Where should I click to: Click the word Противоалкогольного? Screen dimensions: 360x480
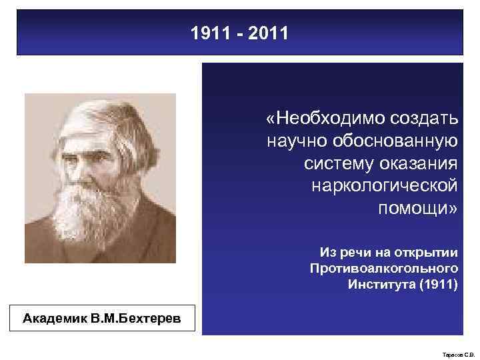(384, 268)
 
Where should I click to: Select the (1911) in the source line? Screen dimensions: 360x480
(436, 285)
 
